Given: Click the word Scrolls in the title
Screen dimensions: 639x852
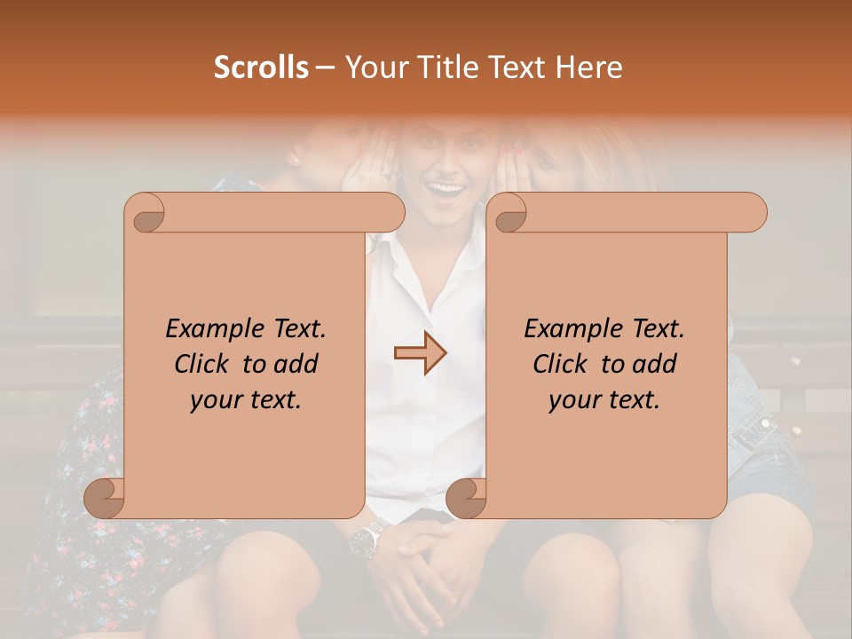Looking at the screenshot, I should click(261, 67).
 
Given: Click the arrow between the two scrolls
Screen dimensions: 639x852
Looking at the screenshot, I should click(421, 353).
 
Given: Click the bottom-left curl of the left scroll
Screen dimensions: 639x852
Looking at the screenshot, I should click(105, 497).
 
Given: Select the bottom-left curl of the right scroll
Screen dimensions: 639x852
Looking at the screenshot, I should click(466, 497).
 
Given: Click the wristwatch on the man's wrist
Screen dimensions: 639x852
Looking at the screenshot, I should click(367, 538).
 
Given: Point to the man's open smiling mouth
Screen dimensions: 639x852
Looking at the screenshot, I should click(449, 189).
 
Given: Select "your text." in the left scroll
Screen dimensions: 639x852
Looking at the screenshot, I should click(246, 399).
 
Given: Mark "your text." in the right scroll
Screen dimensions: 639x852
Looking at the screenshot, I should click(604, 399).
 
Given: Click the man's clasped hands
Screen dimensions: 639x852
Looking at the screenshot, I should click(426, 568).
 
